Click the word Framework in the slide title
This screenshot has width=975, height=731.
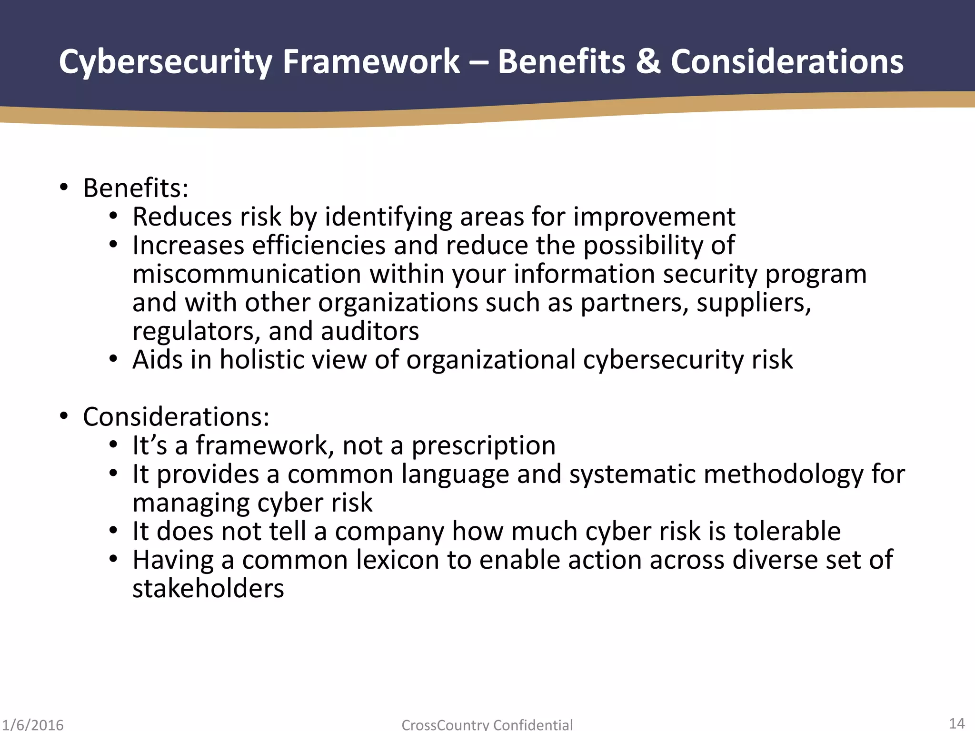click(371, 62)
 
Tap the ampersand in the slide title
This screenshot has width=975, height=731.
click(647, 62)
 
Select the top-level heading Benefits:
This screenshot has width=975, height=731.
click(136, 188)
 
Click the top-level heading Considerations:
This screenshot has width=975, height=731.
click(176, 417)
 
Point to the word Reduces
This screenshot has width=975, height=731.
click(182, 217)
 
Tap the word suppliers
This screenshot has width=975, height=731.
click(754, 303)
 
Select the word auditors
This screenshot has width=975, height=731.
click(370, 332)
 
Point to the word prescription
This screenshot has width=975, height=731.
click(483, 446)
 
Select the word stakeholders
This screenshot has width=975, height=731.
click(208, 589)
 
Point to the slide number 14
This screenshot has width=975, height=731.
click(956, 723)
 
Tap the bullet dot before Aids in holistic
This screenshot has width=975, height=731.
click(113, 359)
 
